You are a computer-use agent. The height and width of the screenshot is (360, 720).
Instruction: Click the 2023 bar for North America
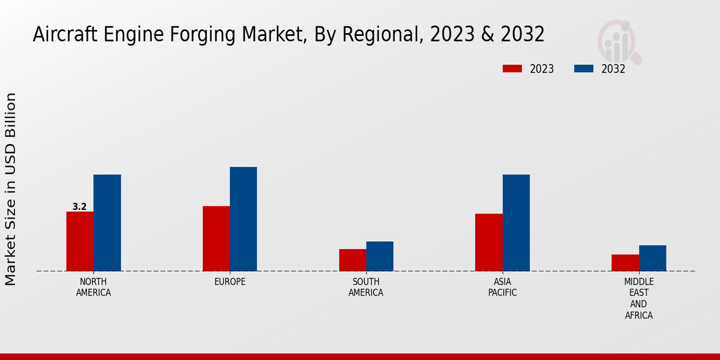pyautogui.click(x=80, y=241)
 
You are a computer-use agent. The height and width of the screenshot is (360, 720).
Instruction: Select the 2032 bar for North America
pyautogui.click(x=107, y=223)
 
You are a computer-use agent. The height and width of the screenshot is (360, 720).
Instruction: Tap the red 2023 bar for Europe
pyautogui.click(x=216, y=238)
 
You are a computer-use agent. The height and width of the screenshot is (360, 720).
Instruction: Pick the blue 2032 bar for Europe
pyautogui.click(x=243, y=219)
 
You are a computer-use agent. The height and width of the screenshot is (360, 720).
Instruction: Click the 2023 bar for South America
pyautogui.click(x=352, y=260)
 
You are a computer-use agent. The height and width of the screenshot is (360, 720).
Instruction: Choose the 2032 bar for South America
pyautogui.click(x=380, y=256)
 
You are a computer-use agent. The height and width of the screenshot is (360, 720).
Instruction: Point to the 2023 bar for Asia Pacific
pyautogui.click(x=488, y=242)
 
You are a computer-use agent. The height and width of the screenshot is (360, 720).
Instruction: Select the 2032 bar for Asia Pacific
pyautogui.click(x=516, y=223)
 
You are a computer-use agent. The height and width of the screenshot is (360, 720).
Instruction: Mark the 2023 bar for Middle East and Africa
pyautogui.click(x=625, y=263)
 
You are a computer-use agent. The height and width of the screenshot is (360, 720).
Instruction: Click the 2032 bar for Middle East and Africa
pyautogui.click(x=652, y=258)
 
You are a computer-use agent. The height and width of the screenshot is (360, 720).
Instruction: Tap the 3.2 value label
pyautogui.click(x=79, y=207)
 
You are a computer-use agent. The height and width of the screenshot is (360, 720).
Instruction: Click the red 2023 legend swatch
pyautogui.click(x=512, y=69)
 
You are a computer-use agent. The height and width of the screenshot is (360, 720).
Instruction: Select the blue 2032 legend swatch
pyautogui.click(x=583, y=69)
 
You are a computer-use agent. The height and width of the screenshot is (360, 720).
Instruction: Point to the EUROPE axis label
pyautogui.click(x=230, y=282)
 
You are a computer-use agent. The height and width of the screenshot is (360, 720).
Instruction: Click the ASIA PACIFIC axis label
pyautogui.click(x=502, y=287)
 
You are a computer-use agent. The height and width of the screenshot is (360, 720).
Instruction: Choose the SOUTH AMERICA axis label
pyautogui.click(x=366, y=287)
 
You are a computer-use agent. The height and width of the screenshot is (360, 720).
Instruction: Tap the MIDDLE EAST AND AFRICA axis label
pyautogui.click(x=638, y=298)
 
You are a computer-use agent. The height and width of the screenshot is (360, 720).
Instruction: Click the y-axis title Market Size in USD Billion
pyautogui.click(x=11, y=189)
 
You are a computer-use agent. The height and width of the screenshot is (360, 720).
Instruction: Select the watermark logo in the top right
pyautogui.click(x=619, y=41)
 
